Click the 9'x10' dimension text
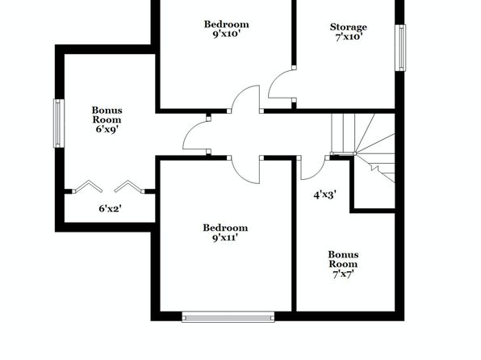[226, 34]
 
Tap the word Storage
[349, 27]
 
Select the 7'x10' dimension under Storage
[349, 37]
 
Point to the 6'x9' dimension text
[107, 129]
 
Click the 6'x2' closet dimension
[110, 209]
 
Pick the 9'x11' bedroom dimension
[225, 237]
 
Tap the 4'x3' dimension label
[325, 195]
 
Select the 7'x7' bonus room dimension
[343, 274]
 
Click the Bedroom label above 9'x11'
[225, 228]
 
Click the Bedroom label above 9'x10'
[227, 24]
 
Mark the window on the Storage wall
[400, 48]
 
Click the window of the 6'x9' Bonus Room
[59, 123]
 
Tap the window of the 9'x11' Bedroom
[228, 316]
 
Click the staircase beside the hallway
[363, 148]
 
